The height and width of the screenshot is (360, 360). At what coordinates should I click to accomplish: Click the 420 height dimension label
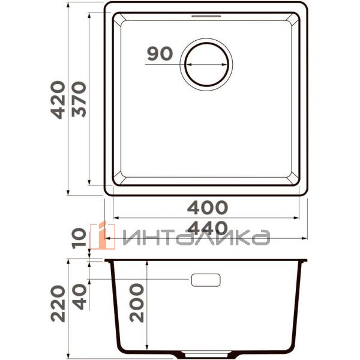pos(58,99)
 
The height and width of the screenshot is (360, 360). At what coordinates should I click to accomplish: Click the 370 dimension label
pos(80,99)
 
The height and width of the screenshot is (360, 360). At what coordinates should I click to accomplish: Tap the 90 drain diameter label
pos(160,54)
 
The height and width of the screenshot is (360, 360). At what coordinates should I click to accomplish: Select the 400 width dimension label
pos(208,208)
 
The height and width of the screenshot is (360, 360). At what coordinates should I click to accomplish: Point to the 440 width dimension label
pos(208,229)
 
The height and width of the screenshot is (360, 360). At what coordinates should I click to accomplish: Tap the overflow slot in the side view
pos(206,280)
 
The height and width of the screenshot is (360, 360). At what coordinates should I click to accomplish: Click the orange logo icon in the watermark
pos(99,235)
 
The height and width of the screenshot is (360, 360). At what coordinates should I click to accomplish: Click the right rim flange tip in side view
pos(307,261)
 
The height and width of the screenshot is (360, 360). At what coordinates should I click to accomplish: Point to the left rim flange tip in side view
pos(106,261)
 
